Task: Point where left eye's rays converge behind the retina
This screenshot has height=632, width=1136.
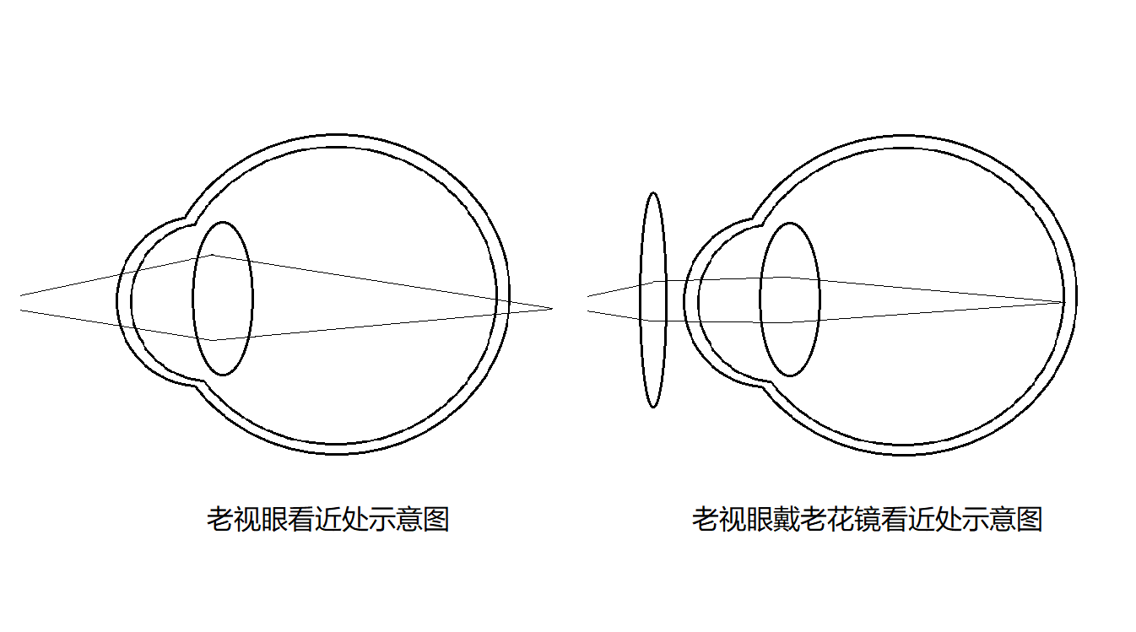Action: [x=552, y=308]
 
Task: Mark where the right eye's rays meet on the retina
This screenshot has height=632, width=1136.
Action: [x=1064, y=303]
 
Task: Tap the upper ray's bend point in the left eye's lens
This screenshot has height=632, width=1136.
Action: [x=212, y=255]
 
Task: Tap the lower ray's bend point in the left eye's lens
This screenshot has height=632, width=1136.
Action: [x=213, y=340]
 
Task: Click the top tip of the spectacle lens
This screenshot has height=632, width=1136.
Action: [x=653, y=192]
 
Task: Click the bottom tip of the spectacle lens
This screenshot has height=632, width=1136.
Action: [x=653, y=408]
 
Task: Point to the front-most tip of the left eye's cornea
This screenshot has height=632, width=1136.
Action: [x=117, y=300]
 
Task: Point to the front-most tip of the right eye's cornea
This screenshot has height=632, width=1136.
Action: [x=684, y=300]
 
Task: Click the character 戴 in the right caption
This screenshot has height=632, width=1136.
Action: [x=786, y=520]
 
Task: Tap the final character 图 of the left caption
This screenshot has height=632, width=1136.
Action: [x=436, y=520]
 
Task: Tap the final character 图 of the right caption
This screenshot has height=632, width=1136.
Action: [x=1029, y=520]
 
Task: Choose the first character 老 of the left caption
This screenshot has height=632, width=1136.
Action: [x=220, y=520]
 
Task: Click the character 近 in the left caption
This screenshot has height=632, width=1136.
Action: [x=328, y=520]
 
